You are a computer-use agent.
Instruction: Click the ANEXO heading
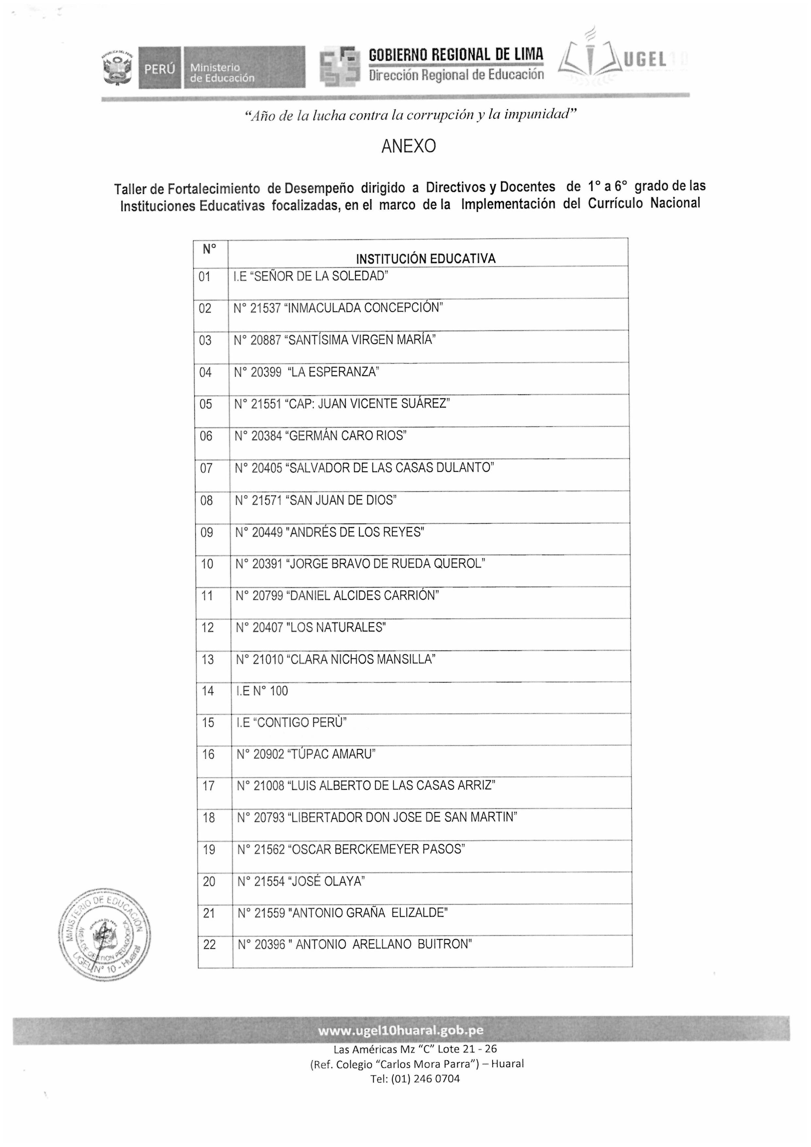pyautogui.click(x=408, y=146)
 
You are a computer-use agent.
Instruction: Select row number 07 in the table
pyautogui.click(x=206, y=468)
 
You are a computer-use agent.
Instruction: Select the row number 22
pyautogui.click(x=209, y=945)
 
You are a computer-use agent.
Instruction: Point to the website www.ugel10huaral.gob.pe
pyautogui.click(x=400, y=1031)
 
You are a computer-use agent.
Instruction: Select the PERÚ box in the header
pyautogui.click(x=159, y=68)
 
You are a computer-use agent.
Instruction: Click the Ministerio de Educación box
pyautogui.click(x=244, y=68)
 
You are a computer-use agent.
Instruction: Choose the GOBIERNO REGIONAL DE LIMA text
pyautogui.click(x=456, y=54)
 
